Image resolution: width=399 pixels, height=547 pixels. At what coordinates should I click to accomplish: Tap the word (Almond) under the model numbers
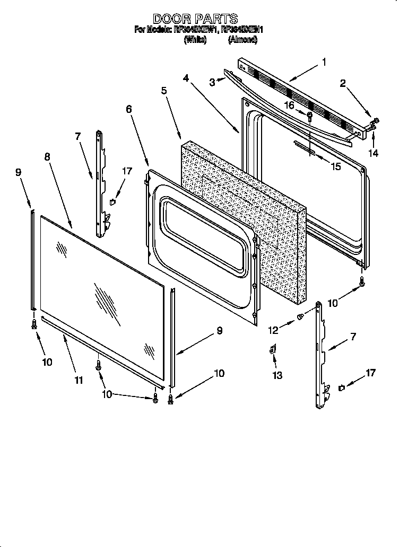click(x=243, y=40)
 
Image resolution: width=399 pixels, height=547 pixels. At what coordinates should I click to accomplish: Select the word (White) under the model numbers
click(x=195, y=40)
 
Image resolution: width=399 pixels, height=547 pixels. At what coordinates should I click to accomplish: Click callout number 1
click(x=324, y=63)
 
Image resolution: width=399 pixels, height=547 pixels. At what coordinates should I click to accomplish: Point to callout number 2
click(x=343, y=83)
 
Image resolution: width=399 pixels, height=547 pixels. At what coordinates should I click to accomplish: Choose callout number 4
click(x=186, y=78)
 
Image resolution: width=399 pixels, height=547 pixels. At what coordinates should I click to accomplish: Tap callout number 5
click(x=164, y=91)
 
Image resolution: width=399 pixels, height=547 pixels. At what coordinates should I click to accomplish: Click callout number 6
click(x=129, y=109)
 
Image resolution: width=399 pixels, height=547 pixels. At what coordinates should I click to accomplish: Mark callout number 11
click(x=79, y=380)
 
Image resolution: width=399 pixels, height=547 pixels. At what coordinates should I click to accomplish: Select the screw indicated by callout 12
click(x=300, y=317)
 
